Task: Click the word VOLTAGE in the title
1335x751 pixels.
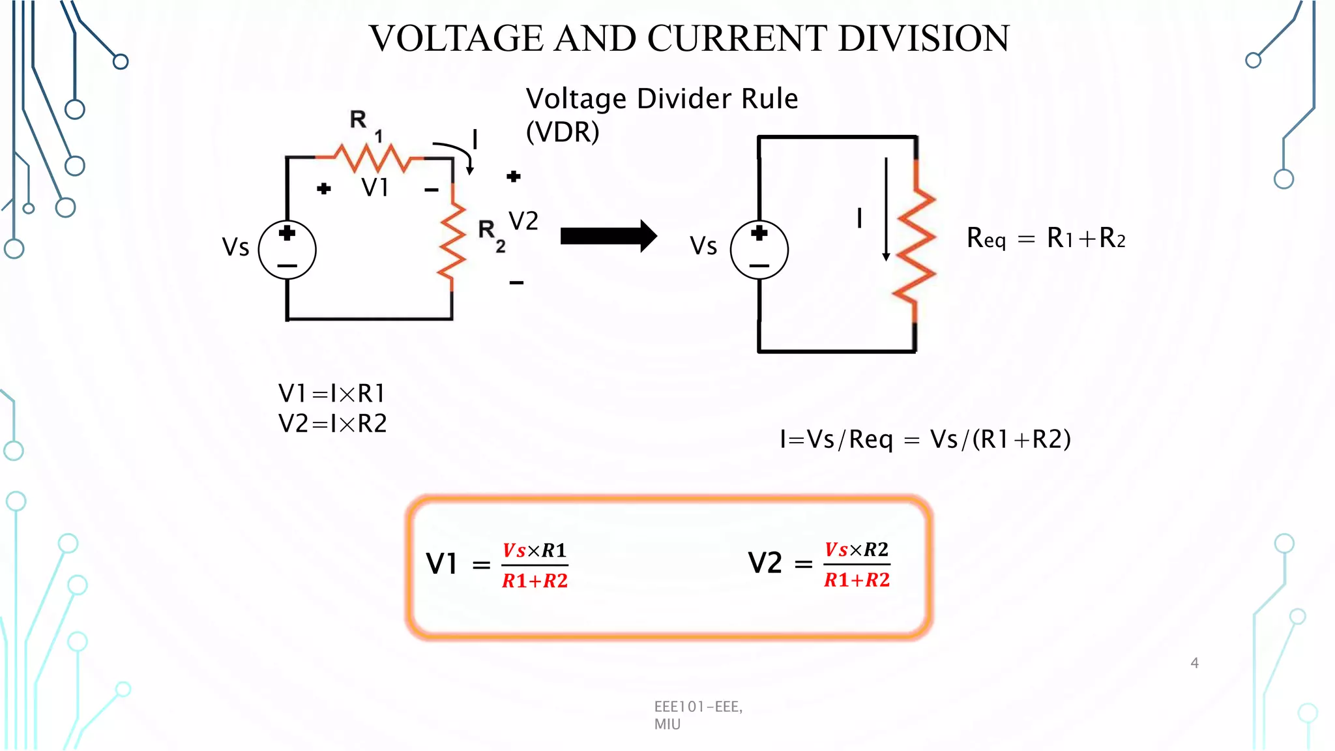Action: [x=455, y=38]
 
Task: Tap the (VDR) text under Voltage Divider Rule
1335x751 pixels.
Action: [x=562, y=132]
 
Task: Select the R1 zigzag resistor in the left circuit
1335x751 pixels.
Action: [x=370, y=158]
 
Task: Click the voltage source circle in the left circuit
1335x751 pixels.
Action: [x=287, y=250]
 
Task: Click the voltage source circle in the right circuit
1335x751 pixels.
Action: [x=759, y=250]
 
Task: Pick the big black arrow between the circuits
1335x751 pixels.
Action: [x=608, y=236]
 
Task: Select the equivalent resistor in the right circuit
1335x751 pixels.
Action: [x=915, y=244]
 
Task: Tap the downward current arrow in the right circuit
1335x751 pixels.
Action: [x=886, y=209]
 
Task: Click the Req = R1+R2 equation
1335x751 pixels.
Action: [x=1046, y=239]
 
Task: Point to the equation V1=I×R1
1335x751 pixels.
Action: [x=332, y=393]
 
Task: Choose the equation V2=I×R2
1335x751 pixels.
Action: [x=332, y=424]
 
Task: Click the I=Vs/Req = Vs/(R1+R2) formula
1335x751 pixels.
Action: [x=925, y=439]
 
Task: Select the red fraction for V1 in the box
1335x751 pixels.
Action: [x=535, y=565]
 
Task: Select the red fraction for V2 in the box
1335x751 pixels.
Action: [x=857, y=565]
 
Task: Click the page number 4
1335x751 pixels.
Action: [x=1194, y=663]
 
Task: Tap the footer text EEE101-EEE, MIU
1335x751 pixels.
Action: [x=697, y=714]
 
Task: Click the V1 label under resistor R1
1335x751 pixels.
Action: [x=375, y=188]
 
